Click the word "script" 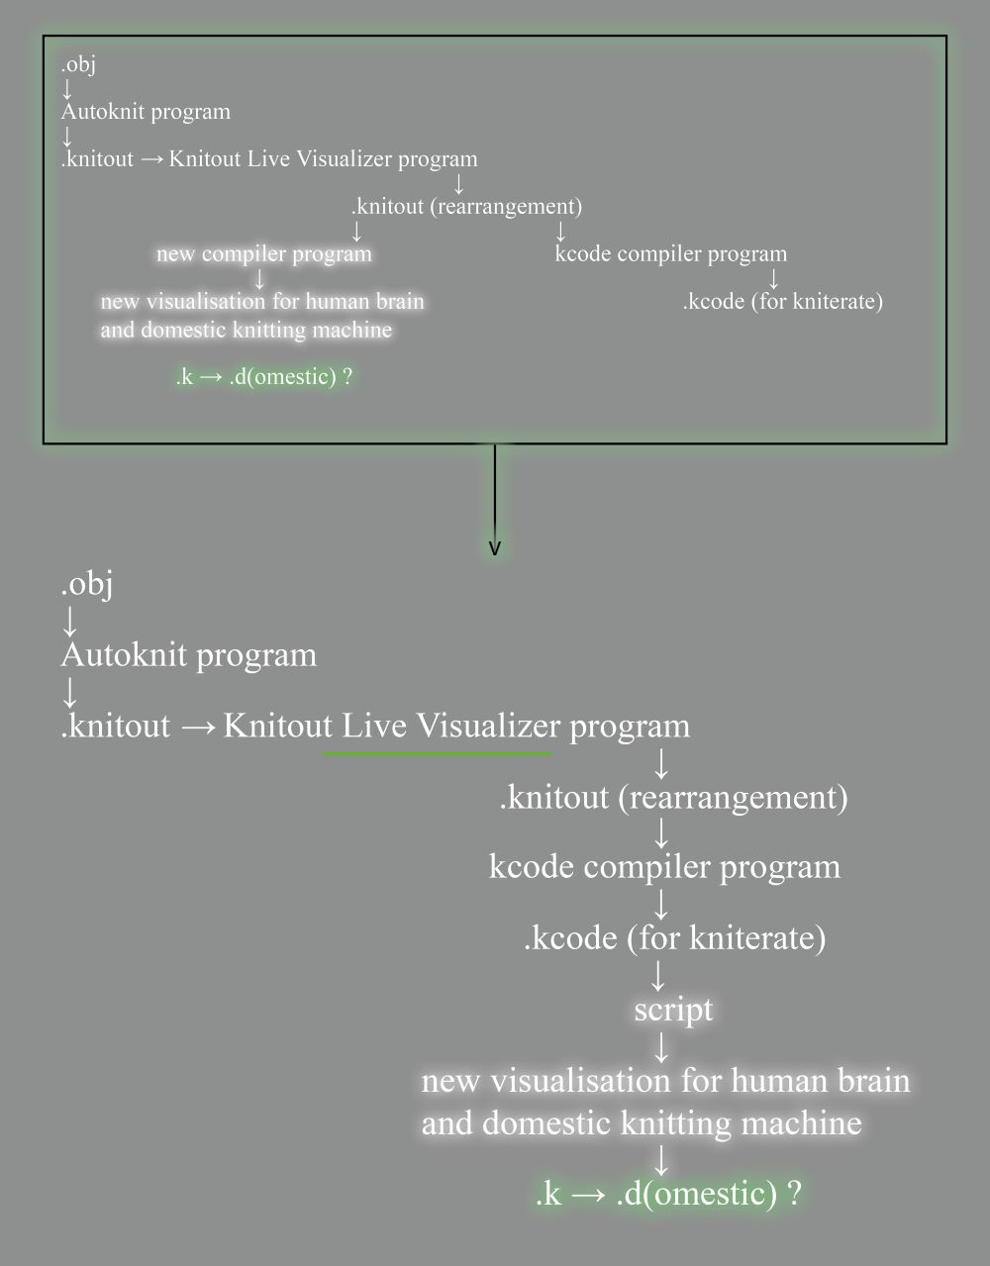click(x=673, y=1010)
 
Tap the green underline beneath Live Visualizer click(x=437, y=754)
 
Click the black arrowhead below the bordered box click(x=495, y=547)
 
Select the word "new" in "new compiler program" click(x=175, y=254)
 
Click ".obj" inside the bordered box click(x=78, y=64)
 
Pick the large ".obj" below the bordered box click(x=87, y=584)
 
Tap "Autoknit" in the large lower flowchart click(x=124, y=654)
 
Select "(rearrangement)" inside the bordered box click(x=506, y=206)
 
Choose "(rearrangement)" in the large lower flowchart click(x=733, y=797)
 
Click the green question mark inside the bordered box click(x=347, y=376)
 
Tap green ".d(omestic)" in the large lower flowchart click(x=696, y=1193)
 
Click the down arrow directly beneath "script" click(x=661, y=1047)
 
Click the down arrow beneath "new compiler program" click(x=260, y=278)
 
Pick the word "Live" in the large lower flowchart click(x=374, y=726)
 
